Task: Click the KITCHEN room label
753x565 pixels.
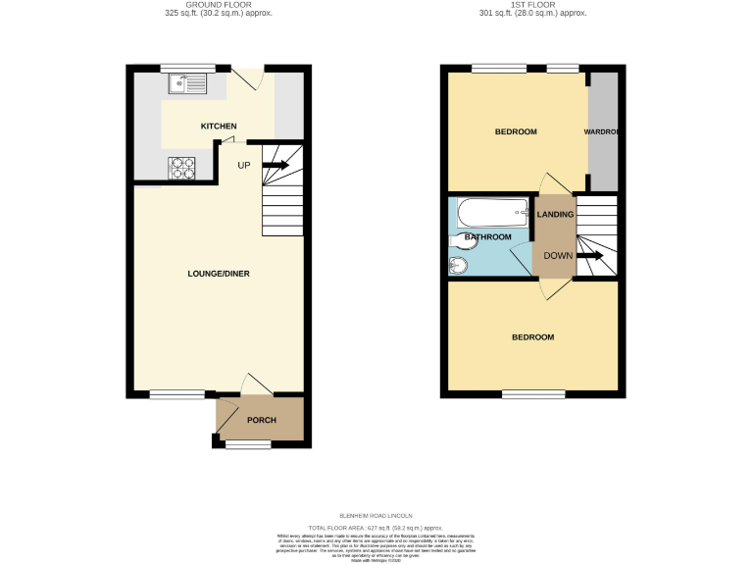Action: point(219,127)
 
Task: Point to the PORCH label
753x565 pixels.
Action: point(261,420)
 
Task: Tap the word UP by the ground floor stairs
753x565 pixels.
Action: point(243,165)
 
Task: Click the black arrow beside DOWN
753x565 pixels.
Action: point(589,256)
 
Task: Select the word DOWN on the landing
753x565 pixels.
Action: point(557,256)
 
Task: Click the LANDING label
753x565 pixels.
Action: point(555,214)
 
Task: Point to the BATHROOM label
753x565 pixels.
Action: point(487,237)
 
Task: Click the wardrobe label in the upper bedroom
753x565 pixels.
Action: point(601,131)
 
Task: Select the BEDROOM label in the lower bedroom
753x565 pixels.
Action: point(532,337)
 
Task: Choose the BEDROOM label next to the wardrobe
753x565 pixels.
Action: point(515,131)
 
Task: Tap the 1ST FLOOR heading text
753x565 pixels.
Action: point(533,4)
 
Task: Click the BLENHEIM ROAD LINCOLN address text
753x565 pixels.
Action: point(376,515)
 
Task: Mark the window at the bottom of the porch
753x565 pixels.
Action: point(247,444)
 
